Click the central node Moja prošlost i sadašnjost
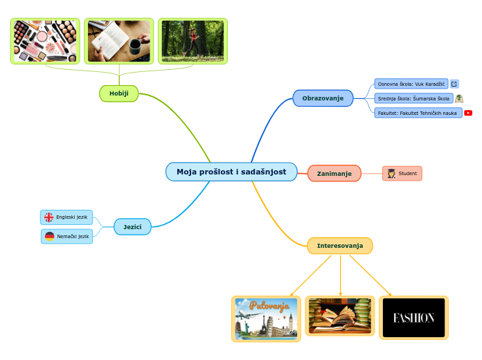pos(231,172)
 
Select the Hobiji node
pos(119,93)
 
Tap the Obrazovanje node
pos(323,98)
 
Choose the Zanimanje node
pos(334,173)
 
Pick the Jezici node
pos(132,226)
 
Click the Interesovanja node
pos(339,246)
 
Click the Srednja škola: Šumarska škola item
pos(413,98)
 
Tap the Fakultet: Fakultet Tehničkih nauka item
pos(418,113)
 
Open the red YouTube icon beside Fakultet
pos(468,113)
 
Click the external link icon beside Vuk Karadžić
pos(454,84)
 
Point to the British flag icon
pos(49,217)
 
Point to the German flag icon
pos(50,236)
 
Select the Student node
pos(402,173)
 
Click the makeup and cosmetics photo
pos(45,41)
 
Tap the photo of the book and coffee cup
pos(119,41)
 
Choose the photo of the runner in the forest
pos(193,41)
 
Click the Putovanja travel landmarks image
pos(266,318)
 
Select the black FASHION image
pos(413,318)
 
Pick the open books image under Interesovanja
pos(340,316)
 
